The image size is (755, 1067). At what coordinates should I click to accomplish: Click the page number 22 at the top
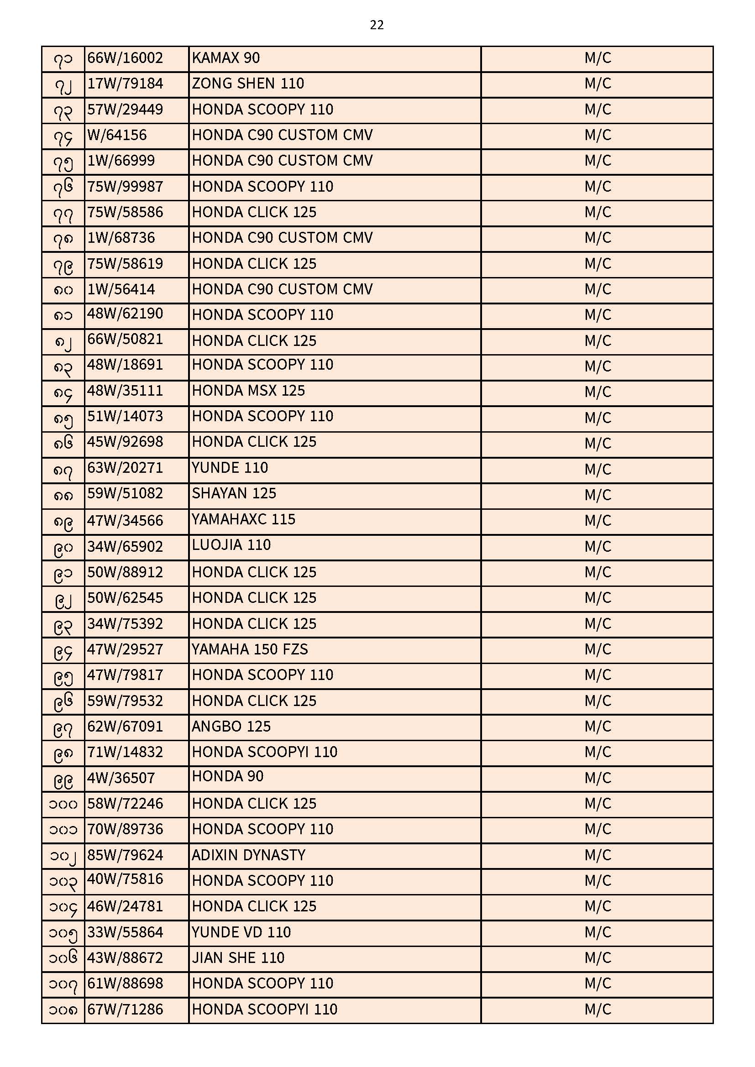pyautogui.click(x=377, y=25)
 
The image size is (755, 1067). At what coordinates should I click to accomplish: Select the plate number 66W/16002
pyautogui.click(x=125, y=58)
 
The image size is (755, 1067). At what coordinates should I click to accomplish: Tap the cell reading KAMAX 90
pyautogui.click(x=226, y=58)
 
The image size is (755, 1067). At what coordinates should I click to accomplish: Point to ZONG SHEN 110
pyautogui.click(x=248, y=84)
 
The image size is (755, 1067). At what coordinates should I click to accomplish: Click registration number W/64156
pyautogui.click(x=117, y=135)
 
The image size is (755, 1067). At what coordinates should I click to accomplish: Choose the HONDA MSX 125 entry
pyautogui.click(x=248, y=391)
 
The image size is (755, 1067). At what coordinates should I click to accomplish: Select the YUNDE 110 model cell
pyautogui.click(x=230, y=468)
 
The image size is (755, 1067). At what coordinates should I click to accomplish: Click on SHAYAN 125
pyautogui.click(x=234, y=493)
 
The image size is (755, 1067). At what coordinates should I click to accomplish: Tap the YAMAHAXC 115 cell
pyautogui.click(x=243, y=519)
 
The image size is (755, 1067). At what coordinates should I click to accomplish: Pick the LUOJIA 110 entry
pyautogui.click(x=231, y=545)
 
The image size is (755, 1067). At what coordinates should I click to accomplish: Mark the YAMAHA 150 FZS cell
pyautogui.click(x=250, y=649)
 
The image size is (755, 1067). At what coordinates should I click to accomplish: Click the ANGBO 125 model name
pyautogui.click(x=231, y=727)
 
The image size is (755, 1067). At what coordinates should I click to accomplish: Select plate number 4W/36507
pyautogui.click(x=121, y=778)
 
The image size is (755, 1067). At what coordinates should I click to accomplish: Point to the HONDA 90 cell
pyautogui.click(x=228, y=777)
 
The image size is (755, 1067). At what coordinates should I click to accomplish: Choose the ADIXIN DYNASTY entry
pyautogui.click(x=248, y=855)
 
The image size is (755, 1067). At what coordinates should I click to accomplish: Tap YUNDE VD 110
pyautogui.click(x=241, y=932)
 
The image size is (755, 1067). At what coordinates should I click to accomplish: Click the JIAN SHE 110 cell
pyautogui.click(x=238, y=958)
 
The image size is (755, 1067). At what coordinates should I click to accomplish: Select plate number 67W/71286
pyautogui.click(x=125, y=1009)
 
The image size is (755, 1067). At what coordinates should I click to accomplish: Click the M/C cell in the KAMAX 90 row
pyautogui.click(x=598, y=58)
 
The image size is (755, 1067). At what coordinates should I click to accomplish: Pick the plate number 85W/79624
pyautogui.click(x=125, y=855)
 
